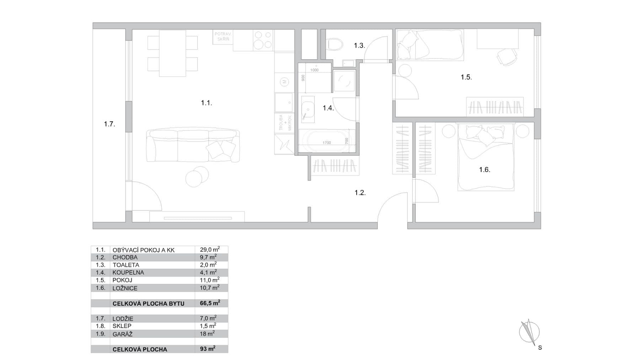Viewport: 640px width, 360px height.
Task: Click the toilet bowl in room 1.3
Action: pos(335,44)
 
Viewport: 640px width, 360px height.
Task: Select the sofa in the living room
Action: pos(192,145)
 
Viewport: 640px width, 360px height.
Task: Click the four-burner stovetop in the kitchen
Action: pos(263,39)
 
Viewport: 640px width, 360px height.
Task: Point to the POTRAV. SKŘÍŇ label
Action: pos(223,36)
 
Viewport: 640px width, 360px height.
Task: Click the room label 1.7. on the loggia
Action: pos(110,124)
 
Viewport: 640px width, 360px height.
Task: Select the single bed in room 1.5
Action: pos(430,44)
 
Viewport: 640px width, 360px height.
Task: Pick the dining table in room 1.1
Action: pos(172,53)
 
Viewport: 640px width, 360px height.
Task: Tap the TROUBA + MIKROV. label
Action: pos(285,122)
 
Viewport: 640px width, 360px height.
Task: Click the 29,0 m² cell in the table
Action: pos(209,249)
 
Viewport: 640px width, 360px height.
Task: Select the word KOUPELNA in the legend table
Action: pos(128,273)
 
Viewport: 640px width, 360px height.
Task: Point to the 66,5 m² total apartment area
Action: pos(209,303)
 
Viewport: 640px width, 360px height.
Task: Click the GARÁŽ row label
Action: pos(122,334)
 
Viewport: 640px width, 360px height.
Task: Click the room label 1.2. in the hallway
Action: pos(360,193)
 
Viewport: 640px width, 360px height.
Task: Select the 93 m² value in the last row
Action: pos(207,349)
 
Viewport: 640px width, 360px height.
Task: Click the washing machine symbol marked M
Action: pos(284,82)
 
